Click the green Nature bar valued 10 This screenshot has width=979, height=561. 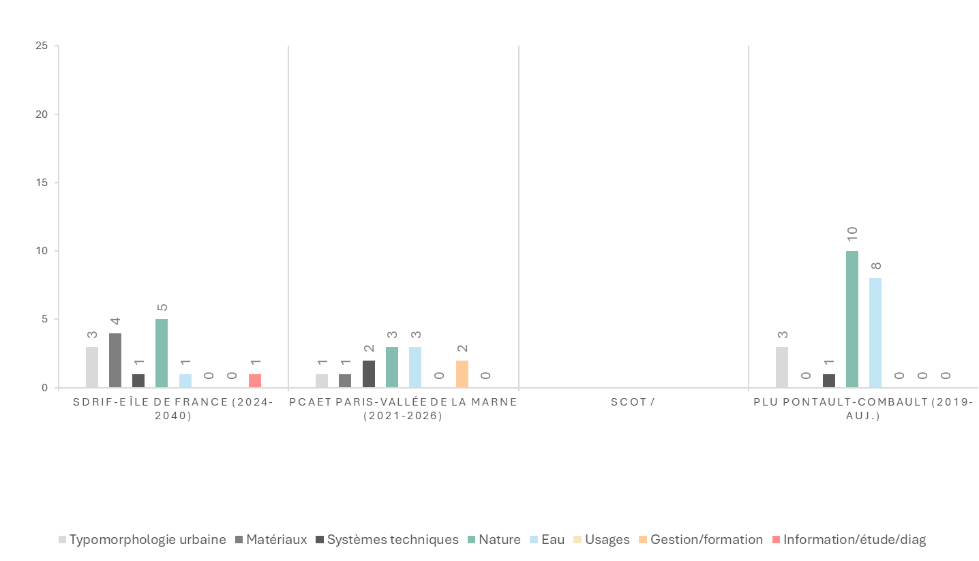point(852,319)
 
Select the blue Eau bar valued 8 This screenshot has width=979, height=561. point(875,333)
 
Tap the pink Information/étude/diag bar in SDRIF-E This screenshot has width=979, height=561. point(254,381)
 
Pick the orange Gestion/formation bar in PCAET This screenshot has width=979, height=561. point(462,374)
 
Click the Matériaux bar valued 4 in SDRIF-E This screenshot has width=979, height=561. point(115,360)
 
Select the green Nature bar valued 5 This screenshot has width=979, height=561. point(162,353)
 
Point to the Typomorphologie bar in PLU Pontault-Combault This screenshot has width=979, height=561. point(782,367)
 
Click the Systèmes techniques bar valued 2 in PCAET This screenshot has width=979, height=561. point(369,374)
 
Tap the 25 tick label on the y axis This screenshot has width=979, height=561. point(42,46)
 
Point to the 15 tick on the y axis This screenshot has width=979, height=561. point(42,183)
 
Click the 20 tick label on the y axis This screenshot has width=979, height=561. point(42,115)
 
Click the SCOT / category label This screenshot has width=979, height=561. point(633,402)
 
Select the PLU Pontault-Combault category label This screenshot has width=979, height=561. point(863,408)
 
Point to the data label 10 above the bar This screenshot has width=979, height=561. point(852,234)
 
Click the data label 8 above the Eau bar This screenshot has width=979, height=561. point(875,266)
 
